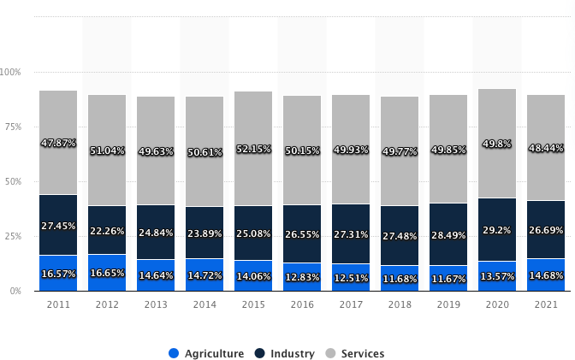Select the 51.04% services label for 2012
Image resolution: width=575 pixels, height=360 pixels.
tap(107, 150)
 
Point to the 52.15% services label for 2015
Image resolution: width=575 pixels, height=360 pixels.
tap(253, 150)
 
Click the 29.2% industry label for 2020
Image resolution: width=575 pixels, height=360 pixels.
tap(497, 231)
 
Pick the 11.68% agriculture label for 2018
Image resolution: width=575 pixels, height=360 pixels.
tap(400, 279)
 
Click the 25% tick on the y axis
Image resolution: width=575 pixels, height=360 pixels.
tap(14, 236)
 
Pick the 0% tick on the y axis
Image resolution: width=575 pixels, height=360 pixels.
tap(16, 292)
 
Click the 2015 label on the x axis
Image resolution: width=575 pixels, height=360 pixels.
tap(253, 304)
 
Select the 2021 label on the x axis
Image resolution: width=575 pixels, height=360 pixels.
tap(546, 304)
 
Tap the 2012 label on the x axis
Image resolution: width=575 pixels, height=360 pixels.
tap(107, 304)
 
